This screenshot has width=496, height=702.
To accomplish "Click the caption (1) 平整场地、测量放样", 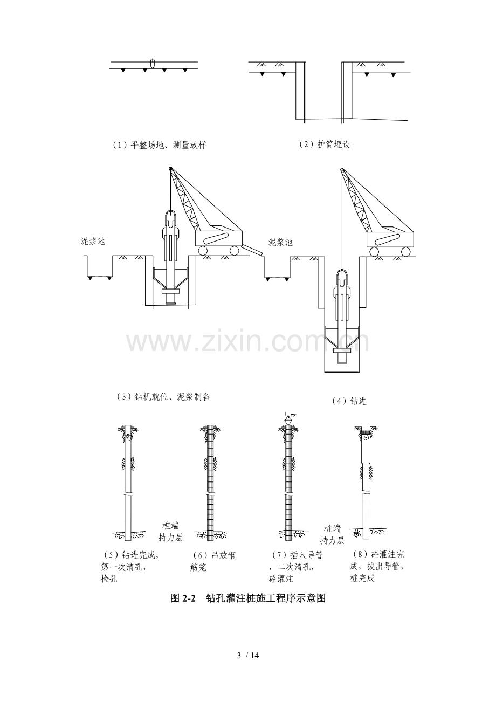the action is [160, 145].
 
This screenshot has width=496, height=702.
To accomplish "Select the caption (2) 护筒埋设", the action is [325, 144].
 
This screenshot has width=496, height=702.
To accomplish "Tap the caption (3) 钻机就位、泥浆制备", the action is [163, 397].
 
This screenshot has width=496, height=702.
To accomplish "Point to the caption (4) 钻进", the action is [349, 401].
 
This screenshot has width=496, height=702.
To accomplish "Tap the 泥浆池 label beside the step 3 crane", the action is [93, 242].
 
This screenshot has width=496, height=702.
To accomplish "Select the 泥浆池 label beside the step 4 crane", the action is [280, 242].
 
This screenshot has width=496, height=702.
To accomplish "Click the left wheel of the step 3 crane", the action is [203, 250].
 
